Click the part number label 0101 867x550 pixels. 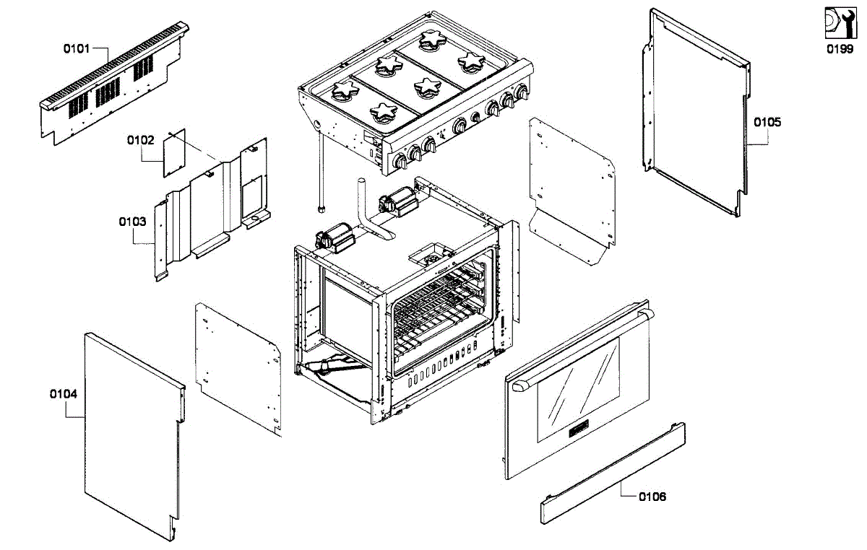(77, 49)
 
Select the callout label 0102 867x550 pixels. (141, 140)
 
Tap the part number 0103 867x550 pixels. (132, 222)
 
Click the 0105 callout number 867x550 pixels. (767, 122)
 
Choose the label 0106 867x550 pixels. (653, 497)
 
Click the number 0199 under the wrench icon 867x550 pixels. (840, 51)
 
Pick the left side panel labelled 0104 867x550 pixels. (130, 433)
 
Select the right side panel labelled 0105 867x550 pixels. (694, 112)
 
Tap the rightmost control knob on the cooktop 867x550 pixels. (522, 95)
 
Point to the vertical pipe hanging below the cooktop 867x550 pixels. (320, 173)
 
